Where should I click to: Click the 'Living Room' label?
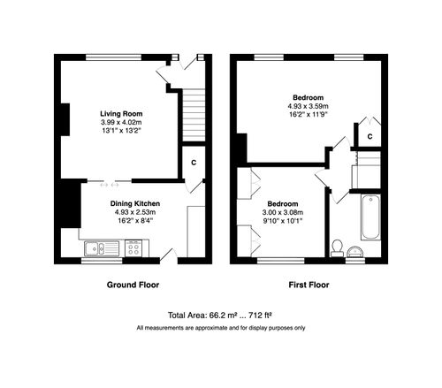pyautogui.click(x=122, y=112)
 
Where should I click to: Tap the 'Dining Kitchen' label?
pyautogui.click(x=122, y=203)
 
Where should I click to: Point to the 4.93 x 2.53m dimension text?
pyautogui.click(x=122, y=212)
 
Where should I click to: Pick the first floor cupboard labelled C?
pyautogui.click(x=370, y=135)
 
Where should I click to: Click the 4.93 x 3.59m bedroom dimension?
pyautogui.click(x=309, y=105)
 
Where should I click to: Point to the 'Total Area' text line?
pyautogui.click(x=220, y=315)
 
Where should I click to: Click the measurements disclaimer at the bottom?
pyautogui.click(x=220, y=328)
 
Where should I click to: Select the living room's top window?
pyautogui.click(x=112, y=57)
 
